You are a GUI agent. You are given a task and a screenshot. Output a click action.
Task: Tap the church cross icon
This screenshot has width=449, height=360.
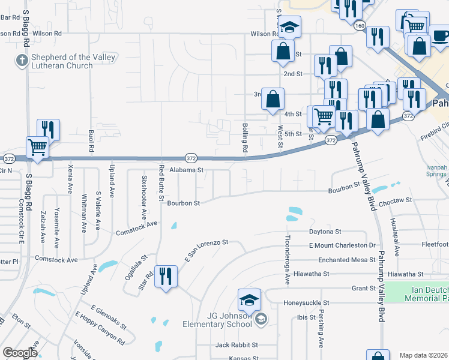click(x=22, y=60)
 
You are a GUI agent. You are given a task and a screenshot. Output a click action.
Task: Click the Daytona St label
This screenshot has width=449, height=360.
click(x=325, y=231)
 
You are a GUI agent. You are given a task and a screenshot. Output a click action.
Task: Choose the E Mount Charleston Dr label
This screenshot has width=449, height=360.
click(x=342, y=245)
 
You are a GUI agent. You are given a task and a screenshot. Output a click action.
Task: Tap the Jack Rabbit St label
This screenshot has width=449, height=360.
click(x=237, y=345)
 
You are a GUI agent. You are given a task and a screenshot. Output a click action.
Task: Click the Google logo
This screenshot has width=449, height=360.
click(x=20, y=353)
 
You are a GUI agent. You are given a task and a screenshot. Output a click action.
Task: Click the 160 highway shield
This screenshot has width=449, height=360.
click(x=360, y=26)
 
